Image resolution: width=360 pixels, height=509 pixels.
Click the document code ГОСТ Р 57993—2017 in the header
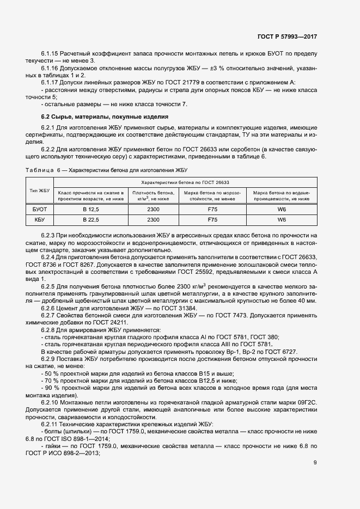point(287,36)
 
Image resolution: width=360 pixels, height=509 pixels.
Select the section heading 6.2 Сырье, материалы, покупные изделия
point(105,117)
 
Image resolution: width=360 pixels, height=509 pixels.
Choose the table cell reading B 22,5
point(91,219)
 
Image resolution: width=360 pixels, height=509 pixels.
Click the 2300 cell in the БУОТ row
point(153,208)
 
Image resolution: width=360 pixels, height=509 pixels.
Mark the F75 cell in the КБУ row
point(212,219)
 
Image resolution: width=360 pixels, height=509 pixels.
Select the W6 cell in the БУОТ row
point(282,208)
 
